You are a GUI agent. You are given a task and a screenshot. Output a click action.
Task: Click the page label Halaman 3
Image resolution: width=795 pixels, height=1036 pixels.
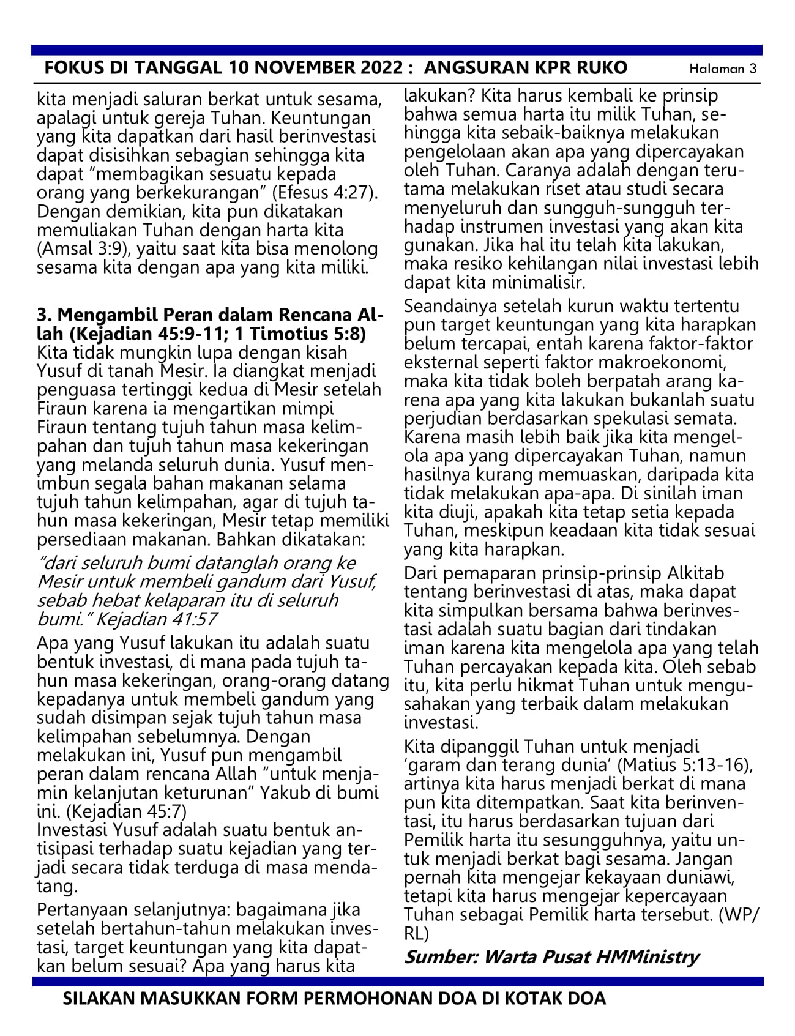click(722, 69)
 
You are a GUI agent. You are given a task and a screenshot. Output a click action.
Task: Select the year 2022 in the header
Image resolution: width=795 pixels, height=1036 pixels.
click(370, 68)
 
